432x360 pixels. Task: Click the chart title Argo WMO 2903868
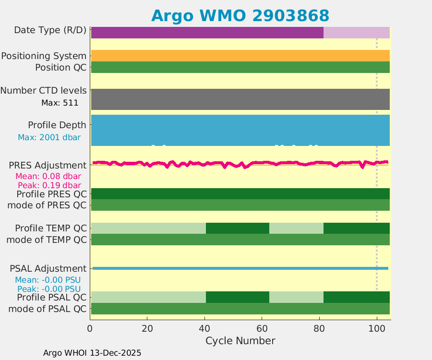click(x=240, y=15)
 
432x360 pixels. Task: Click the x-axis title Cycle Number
click(x=240, y=341)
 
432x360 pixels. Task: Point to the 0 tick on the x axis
click(x=90, y=329)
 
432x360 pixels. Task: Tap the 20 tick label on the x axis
click(x=147, y=329)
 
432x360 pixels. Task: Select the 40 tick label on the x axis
click(x=204, y=329)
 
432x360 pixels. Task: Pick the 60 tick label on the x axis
click(x=262, y=329)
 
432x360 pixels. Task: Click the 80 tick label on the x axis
click(x=319, y=329)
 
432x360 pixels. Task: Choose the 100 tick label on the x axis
click(x=377, y=329)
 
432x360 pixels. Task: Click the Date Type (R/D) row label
click(x=50, y=30)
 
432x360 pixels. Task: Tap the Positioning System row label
click(x=44, y=56)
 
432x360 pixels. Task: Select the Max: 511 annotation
click(x=60, y=102)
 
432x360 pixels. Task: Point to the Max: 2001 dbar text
click(x=49, y=137)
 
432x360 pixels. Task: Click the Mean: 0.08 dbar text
click(x=48, y=176)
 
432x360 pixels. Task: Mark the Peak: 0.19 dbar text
click(x=49, y=185)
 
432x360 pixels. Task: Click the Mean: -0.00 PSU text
click(x=48, y=280)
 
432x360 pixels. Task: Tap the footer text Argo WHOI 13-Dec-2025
click(x=92, y=353)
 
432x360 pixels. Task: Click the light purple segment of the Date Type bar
click(x=356, y=33)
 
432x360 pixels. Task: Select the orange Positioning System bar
click(x=240, y=56)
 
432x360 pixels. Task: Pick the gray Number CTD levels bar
click(x=240, y=99)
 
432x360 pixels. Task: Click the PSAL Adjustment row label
click(x=48, y=268)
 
